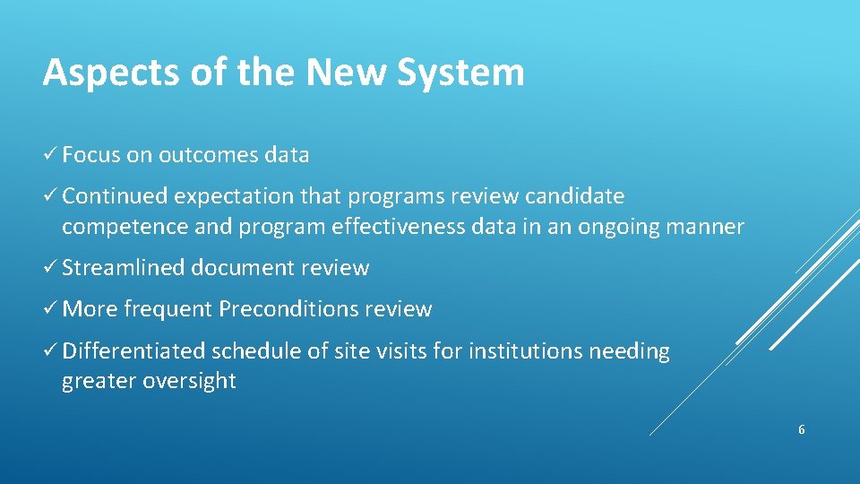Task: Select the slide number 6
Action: [x=802, y=430]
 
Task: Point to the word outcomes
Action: [x=209, y=155]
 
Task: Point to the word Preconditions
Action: [x=288, y=309]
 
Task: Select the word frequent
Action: [x=168, y=309]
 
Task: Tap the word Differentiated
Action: [x=133, y=350]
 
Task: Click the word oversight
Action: [x=193, y=381]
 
